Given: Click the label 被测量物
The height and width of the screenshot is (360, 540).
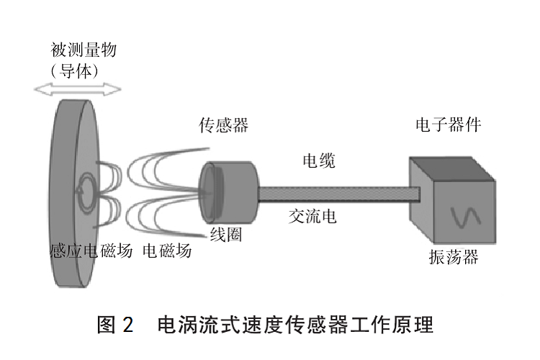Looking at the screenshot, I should pyautogui.click(x=84, y=50).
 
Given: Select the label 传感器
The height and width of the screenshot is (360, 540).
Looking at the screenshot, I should pyautogui.click(x=224, y=125).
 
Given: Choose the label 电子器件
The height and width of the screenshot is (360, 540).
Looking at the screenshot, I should pyautogui.click(x=448, y=125).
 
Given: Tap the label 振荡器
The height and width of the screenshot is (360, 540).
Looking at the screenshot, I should pyautogui.click(x=453, y=257).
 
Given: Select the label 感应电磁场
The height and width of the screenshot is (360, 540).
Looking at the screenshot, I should pyautogui.click(x=91, y=251).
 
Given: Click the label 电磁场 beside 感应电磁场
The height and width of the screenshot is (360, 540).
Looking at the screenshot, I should pyautogui.click(x=167, y=251).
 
